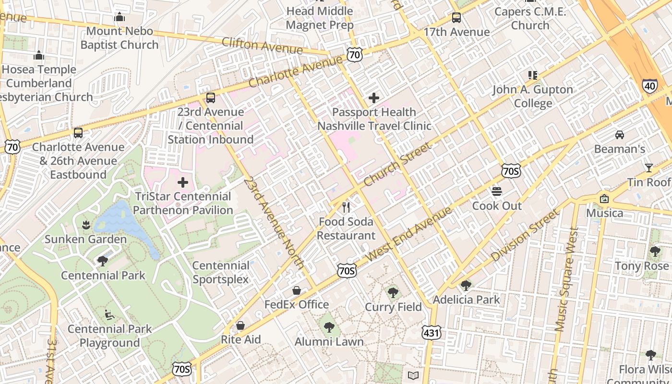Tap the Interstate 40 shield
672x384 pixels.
tap(649, 86)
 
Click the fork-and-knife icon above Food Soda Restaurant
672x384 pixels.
tap(346, 207)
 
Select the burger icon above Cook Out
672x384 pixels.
tap(497, 192)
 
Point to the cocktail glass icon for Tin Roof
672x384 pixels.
tap(649, 168)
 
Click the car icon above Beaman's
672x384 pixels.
tap(620, 134)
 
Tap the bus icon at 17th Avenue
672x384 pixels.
tap(456, 18)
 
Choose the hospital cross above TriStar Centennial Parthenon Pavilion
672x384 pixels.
tap(183, 182)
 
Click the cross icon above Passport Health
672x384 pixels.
tap(374, 98)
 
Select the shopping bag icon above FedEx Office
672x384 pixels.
tap(297, 290)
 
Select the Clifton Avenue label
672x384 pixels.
tap(262, 46)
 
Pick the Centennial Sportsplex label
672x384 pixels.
tap(221, 272)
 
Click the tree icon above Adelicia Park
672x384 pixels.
tap(466, 286)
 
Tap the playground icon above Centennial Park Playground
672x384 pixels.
tap(109, 315)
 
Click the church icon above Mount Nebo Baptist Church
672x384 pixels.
tap(120, 17)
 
